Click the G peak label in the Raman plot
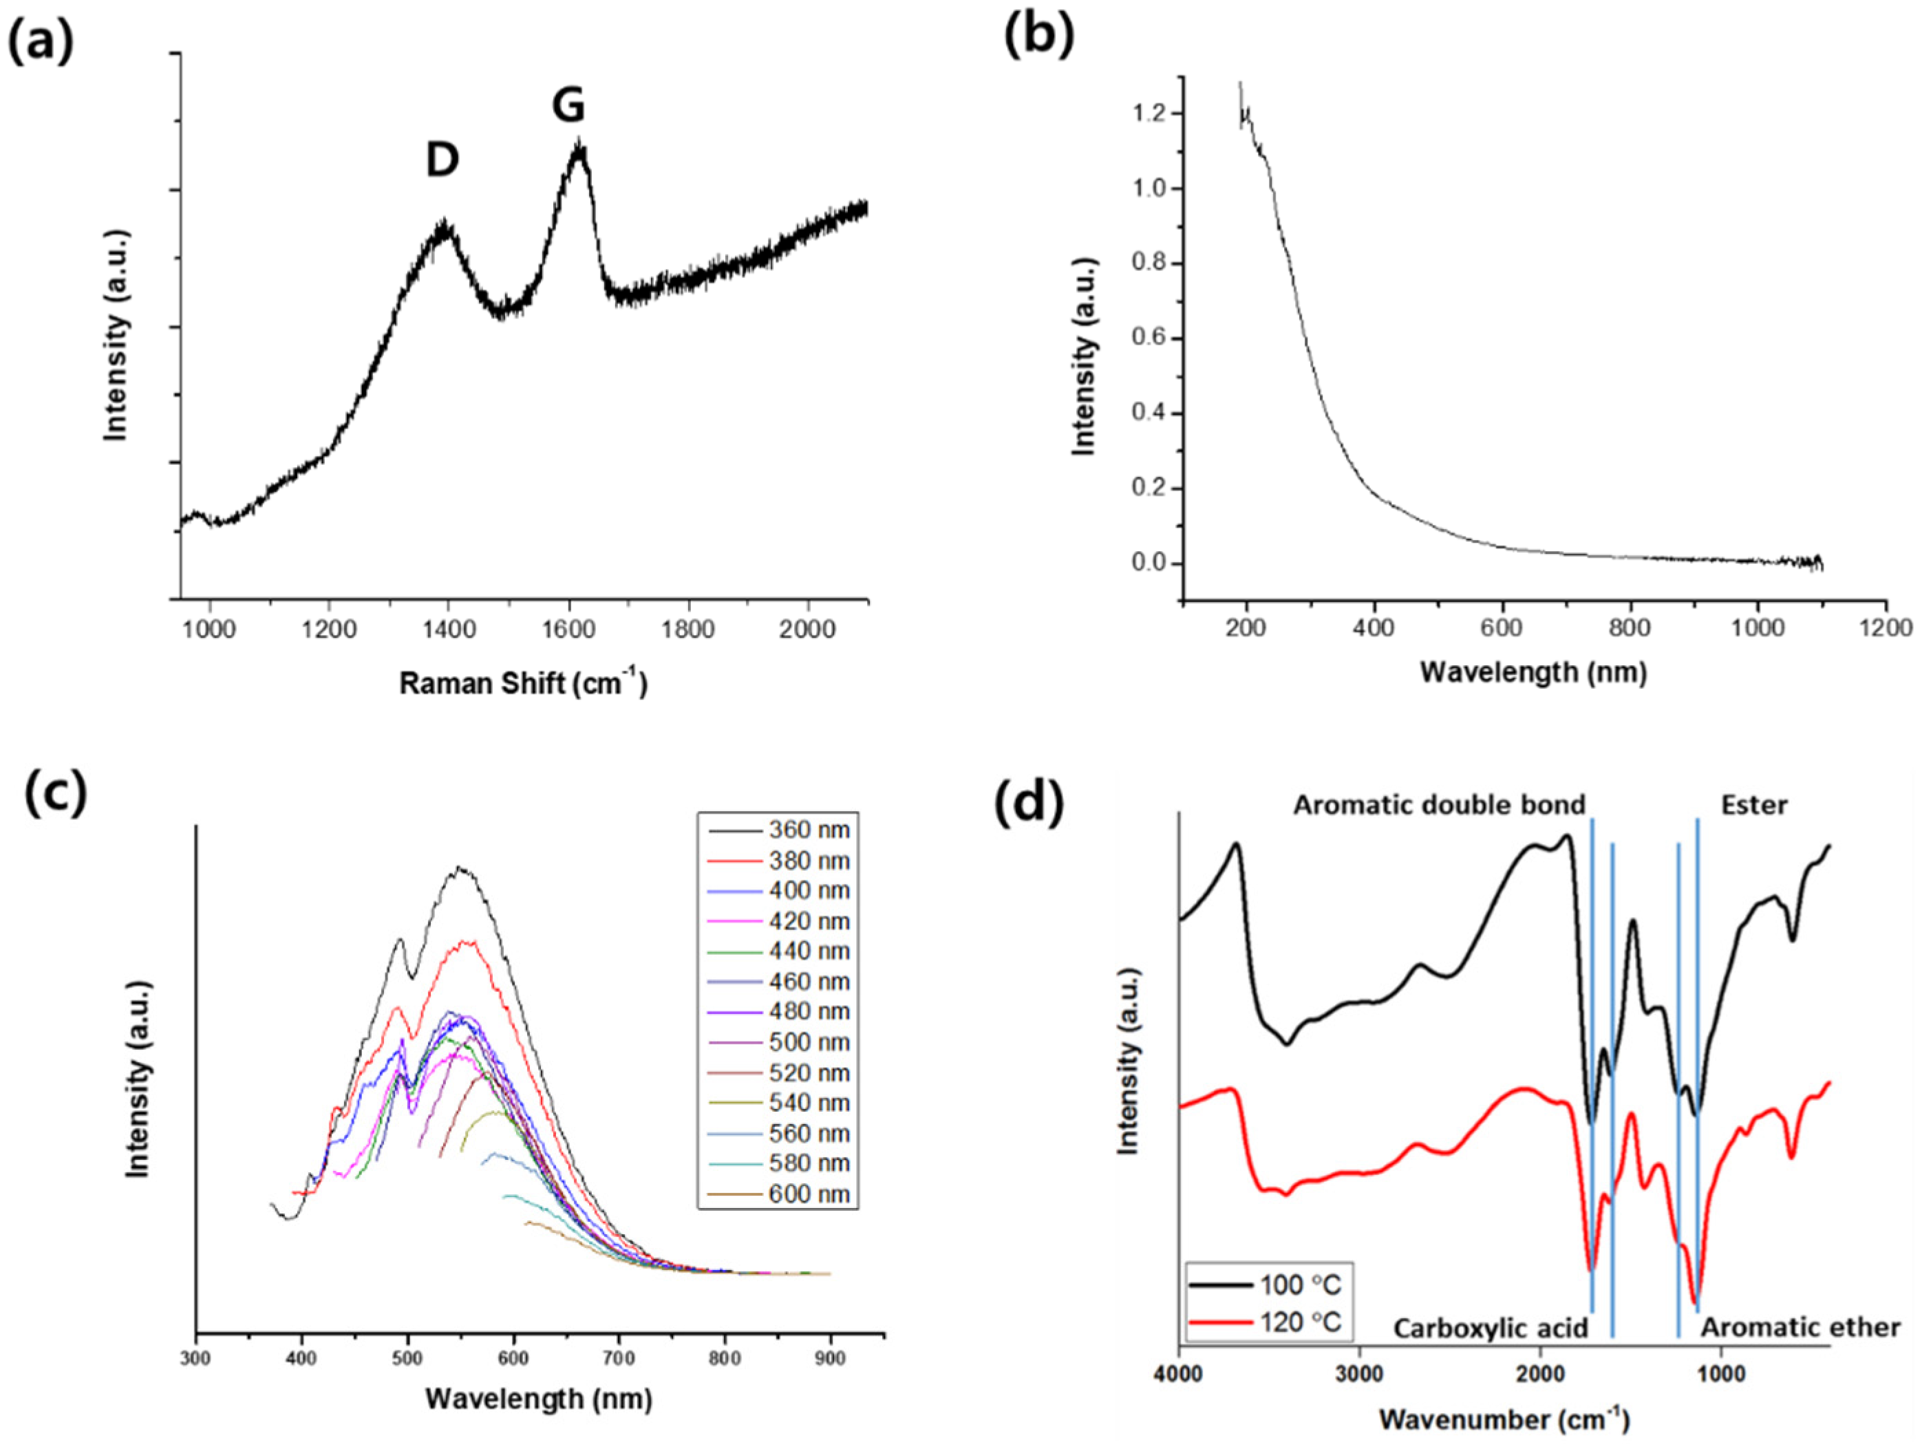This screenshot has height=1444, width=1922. click(x=568, y=107)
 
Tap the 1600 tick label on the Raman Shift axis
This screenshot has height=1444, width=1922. click(x=568, y=628)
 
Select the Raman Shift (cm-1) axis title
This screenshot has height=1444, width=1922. click(x=523, y=683)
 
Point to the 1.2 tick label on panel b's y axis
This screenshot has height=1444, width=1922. click(x=1151, y=114)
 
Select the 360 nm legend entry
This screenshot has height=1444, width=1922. click(x=807, y=830)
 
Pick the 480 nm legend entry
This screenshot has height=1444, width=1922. click(x=807, y=1011)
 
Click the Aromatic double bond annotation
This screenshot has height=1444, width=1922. click(x=1439, y=806)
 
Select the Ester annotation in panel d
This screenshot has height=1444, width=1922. click(x=1753, y=806)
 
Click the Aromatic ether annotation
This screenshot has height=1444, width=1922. click(x=1800, y=1328)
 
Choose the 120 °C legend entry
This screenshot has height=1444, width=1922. click(x=1300, y=1322)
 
